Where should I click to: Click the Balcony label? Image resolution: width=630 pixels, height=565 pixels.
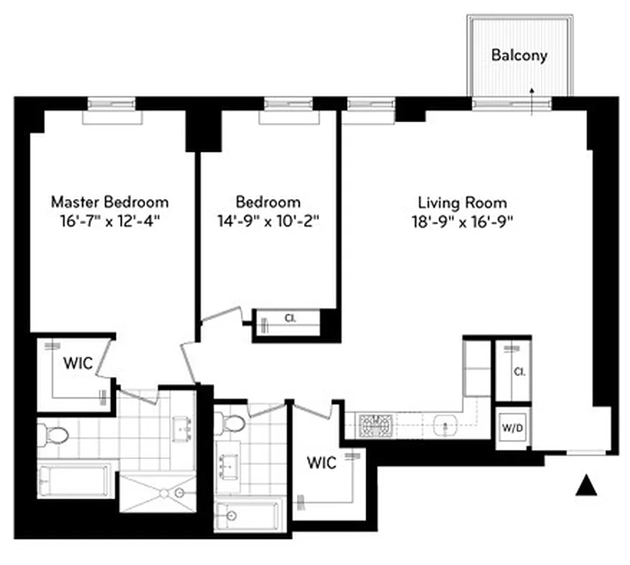(519, 55)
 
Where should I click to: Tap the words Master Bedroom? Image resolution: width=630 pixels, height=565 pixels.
(110, 201)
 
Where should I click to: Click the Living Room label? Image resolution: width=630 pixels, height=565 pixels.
(462, 203)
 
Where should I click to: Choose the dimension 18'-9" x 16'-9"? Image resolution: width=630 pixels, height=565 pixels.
(462, 220)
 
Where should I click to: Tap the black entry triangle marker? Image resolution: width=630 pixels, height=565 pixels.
(584, 486)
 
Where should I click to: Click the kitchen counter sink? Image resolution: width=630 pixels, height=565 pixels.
(445, 426)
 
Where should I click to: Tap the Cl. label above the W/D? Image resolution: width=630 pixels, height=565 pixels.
(519, 371)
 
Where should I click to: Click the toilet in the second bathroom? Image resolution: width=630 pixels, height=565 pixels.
(232, 423)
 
